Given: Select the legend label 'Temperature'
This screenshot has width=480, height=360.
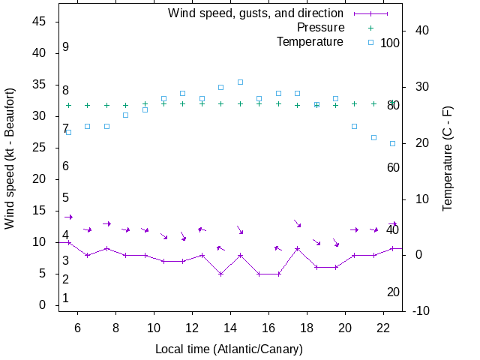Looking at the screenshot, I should click(x=310, y=42).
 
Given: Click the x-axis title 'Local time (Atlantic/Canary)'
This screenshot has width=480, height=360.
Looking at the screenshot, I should click(x=229, y=349).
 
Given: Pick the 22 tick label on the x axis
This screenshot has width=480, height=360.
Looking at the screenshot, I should click(x=382, y=328).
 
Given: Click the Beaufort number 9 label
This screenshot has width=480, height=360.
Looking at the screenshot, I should click(x=66, y=47).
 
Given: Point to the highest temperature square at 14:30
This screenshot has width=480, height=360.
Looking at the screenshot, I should click(x=240, y=82).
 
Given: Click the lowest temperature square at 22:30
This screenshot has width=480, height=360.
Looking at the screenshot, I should click(x=392, y=143).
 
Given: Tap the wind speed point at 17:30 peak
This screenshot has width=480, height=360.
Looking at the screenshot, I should click(x=298, y=248).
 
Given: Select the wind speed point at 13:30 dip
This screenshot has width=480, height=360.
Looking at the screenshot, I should click(x=220, y=274).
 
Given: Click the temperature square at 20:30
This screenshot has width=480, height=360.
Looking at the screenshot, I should click(x=354, y=126).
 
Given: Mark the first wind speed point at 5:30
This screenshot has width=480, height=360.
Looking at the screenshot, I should click(x=69, y=242).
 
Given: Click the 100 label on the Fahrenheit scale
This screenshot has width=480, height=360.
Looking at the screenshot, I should click(x=390, y=43).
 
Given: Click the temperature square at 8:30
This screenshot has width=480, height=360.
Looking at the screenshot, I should click(x=126, y=115).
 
